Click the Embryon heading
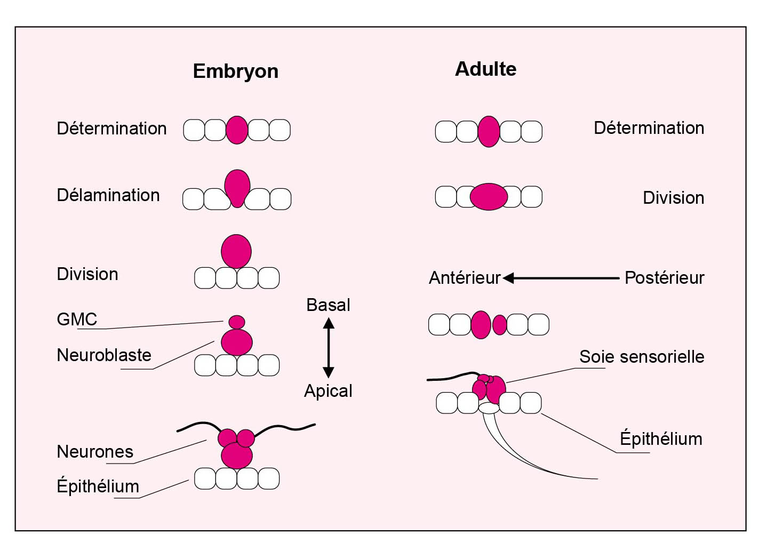[235, 71]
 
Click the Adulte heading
[485, 69]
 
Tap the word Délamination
[108, 195]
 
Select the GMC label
[77, 319]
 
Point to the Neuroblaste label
[104, 355]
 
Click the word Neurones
[95, 452]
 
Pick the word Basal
[328, 305]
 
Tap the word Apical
[328, 391]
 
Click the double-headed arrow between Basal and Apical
[329, 348]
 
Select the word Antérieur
[465, 278]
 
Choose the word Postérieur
[664, 278]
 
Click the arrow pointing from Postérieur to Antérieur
[560, 278]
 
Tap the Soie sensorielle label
[642, 357]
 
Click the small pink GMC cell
[237, 322]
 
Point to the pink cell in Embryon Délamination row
[237, 187]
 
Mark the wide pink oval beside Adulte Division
[489, 196]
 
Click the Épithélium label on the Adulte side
[661, 439]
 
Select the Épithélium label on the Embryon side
[98, 486]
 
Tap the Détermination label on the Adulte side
[649, 128]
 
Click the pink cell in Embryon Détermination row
[237, 130]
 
